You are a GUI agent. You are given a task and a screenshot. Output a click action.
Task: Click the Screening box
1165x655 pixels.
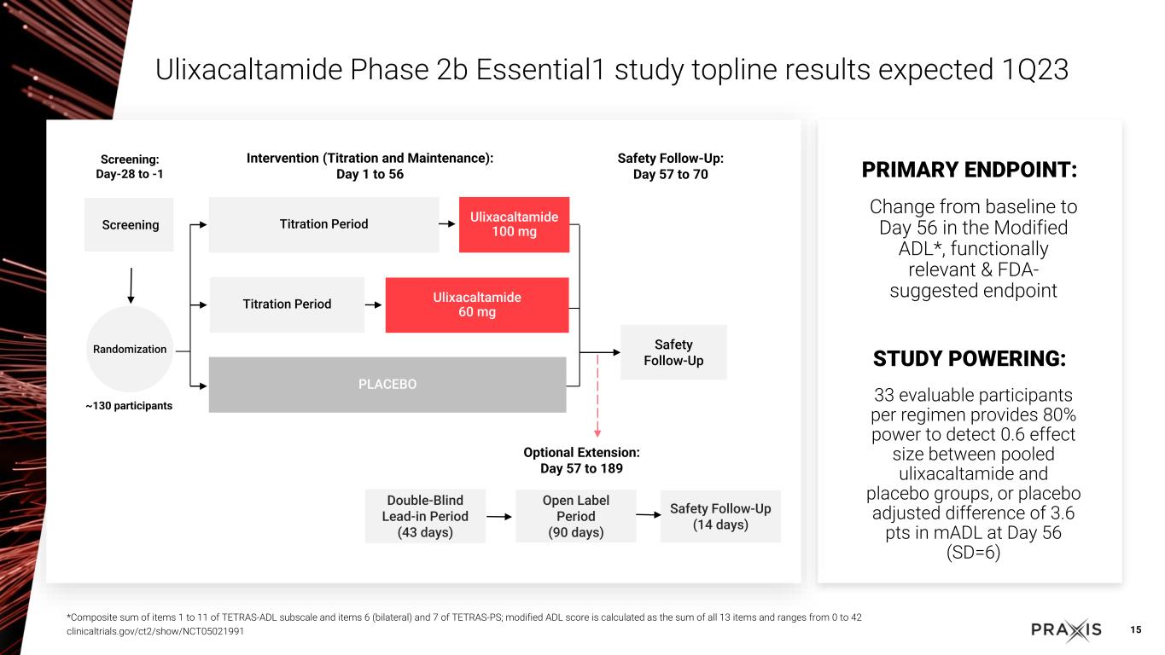pos(129,224)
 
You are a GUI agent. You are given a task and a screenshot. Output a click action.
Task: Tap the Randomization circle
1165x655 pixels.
pos(130,349)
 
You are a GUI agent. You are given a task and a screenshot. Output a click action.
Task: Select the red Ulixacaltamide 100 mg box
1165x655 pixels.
pos(514,224)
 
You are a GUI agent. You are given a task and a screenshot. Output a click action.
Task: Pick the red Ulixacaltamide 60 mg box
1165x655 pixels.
pos(476,304)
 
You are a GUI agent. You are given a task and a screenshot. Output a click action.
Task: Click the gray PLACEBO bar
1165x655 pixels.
pos(387,385)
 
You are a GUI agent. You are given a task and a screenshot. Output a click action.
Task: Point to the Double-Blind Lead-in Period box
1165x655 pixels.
pos(425,516)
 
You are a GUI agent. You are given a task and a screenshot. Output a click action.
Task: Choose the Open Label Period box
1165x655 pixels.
pos(576,516)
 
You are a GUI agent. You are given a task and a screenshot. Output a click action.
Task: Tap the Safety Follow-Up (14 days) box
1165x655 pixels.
pos(720,516)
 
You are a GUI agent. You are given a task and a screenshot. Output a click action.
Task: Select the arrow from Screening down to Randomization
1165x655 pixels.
pos(131,285)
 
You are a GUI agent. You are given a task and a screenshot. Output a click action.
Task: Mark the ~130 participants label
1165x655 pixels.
pos(129,406)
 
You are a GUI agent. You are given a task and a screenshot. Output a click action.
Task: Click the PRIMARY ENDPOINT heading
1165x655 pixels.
pos(970,171)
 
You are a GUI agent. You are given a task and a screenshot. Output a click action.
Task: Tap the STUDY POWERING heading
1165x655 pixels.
pos(970,359)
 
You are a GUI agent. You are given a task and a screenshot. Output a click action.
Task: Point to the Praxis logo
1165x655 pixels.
pos(1066,630)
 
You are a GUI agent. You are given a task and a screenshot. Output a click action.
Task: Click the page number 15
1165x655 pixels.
pos(1135,630)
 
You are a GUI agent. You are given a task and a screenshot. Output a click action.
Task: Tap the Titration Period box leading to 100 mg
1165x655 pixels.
pos(323,224)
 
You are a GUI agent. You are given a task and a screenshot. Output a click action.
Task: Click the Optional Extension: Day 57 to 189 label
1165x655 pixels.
pos(581,461)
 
